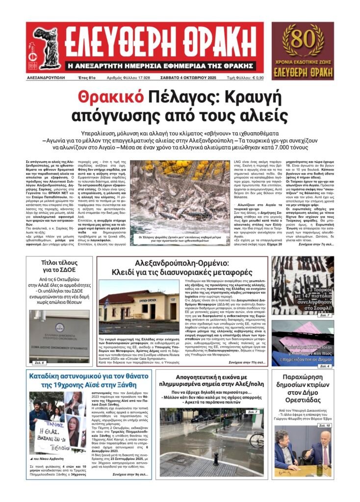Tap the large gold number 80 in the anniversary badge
tap(303, 38)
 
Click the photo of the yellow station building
tap(139, 303)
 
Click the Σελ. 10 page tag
tap(324, 426)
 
